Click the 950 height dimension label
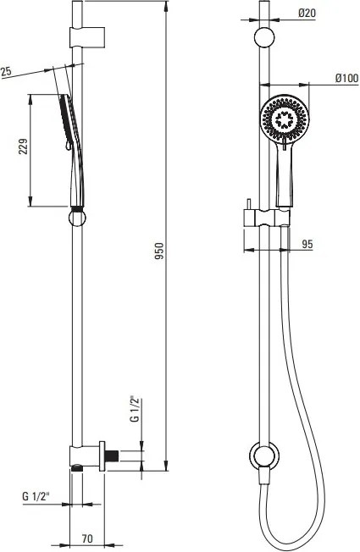(x=159, y=251)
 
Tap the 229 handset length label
(x=23, y=146)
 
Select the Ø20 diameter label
(x=307, y=13)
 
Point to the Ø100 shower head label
(x=346, y=78)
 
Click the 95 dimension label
(x=307, y=244)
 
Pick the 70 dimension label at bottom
(x=87, y=538)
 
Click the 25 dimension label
(x=6, y=71)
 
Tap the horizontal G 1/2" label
(x=36, y=496)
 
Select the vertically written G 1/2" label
(x=135, y=408)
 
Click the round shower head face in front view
(x=285, y=119)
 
